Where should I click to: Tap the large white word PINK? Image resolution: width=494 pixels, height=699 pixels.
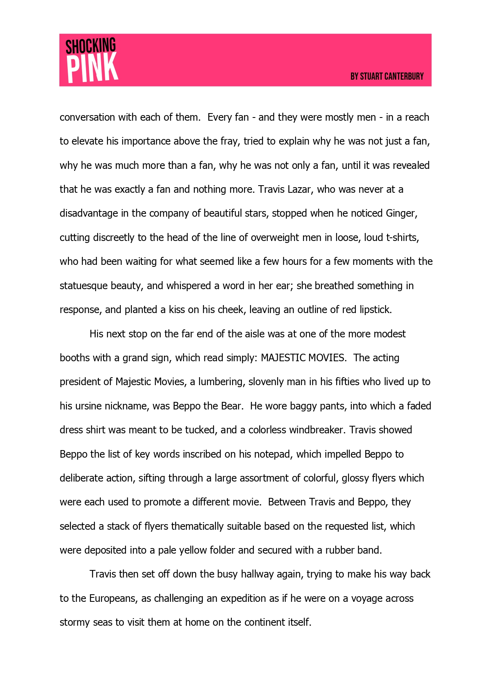(x=92, y=68)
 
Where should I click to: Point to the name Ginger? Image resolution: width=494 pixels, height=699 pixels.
(x=401, y=213)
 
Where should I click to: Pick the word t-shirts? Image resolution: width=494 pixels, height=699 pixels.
(x=402, y=237)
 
